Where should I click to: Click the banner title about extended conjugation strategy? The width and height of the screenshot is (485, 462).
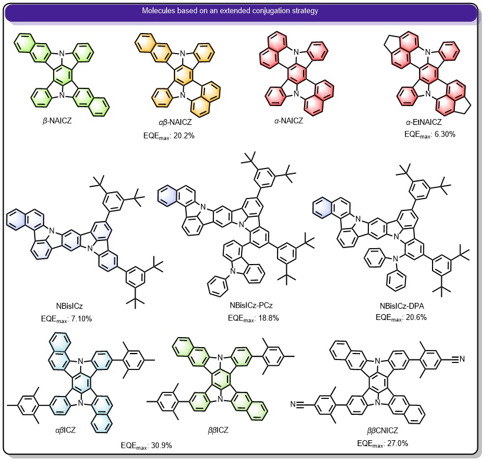230,11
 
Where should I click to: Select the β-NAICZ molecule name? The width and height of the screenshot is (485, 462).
57,121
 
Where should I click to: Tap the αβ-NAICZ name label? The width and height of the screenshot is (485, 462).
175,122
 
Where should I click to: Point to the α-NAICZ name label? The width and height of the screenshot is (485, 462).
289,121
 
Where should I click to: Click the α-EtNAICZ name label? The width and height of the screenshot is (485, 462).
424,122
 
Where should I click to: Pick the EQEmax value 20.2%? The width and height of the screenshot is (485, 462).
184,136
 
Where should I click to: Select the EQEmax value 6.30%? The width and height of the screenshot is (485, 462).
445,134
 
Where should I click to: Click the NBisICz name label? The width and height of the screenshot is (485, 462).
70,306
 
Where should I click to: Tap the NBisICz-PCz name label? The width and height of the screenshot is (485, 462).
251,305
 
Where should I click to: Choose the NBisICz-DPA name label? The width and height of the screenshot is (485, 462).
402,306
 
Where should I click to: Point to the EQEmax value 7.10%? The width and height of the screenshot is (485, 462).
81,319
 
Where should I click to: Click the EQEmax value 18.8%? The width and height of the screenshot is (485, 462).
268,318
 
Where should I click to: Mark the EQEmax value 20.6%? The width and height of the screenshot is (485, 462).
416,317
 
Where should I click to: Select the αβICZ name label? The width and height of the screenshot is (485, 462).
65,430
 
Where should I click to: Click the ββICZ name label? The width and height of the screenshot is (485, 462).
218,430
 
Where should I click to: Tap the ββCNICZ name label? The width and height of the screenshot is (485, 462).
382,430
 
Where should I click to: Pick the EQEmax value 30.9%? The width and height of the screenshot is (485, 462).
161,445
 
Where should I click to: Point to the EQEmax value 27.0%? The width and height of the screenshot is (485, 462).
397,444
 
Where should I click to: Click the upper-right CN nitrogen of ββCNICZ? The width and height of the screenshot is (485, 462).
462,359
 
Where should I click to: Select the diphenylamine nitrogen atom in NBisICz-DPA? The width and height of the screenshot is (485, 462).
394,259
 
